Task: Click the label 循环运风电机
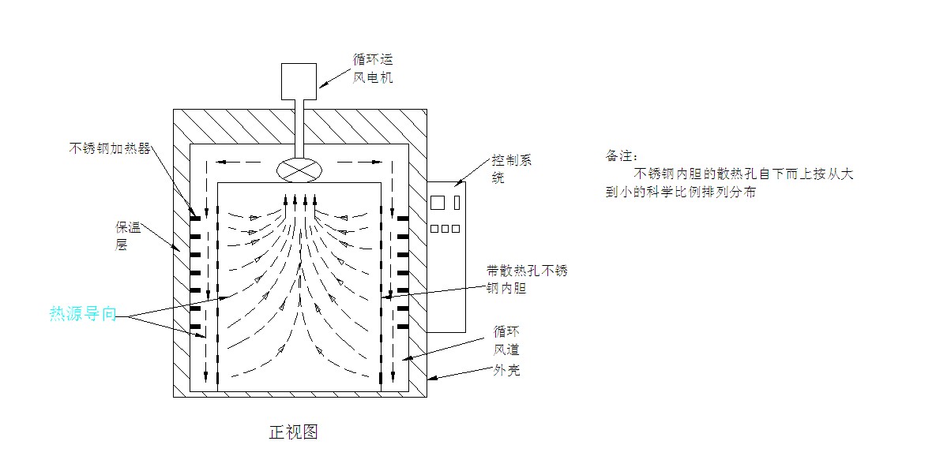point(373,68)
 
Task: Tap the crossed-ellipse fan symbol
point(296,168)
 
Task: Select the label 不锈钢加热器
point(109,148)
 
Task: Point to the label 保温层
point(126,236)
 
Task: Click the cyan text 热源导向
point(83,314)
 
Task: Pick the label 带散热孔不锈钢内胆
point(526,280)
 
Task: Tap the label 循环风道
point(506,340)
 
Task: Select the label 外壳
point(506,370)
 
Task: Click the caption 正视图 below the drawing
point(294,432)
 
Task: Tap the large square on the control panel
point(438,202)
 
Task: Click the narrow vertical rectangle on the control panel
point(457,201)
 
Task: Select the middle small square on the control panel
point(445,229)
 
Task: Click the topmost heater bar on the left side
point(194,217)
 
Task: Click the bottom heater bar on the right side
point(402,326)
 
